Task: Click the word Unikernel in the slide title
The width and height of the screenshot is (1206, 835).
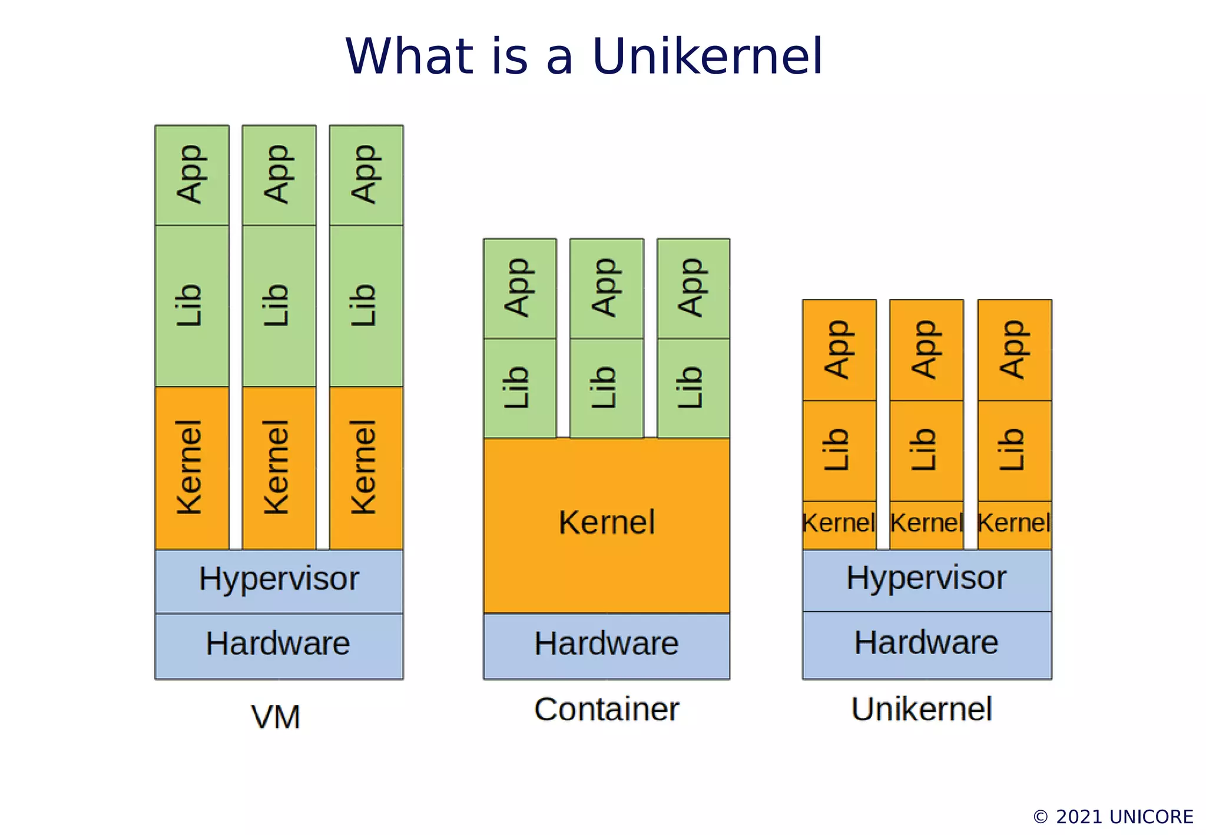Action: [707, 57]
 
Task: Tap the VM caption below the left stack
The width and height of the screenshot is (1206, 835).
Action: [276, 717]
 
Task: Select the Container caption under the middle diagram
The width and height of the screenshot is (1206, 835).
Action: [607, 709]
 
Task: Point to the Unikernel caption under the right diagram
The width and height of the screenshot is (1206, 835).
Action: [922, 709]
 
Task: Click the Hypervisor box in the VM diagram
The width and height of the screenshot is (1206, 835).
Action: [279, 581]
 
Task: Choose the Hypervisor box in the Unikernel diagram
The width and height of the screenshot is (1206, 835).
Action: [927, 579]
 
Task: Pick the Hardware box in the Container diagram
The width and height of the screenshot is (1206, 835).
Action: [607, 645]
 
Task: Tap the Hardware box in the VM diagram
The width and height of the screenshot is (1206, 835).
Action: [279, 645]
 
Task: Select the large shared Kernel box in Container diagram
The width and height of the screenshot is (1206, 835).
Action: [607, 524]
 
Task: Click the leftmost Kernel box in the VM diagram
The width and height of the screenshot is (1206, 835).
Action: [192, 468]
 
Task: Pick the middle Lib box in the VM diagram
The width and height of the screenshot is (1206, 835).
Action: [279, 306]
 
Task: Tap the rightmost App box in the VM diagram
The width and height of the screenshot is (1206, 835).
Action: [366, 175]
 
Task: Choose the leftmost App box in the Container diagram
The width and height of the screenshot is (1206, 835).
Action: [520, 288]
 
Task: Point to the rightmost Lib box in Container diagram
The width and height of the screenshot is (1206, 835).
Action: [693, 387]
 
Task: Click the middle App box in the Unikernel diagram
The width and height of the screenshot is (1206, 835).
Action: [926, 350]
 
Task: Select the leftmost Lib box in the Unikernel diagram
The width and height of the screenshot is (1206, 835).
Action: [839, 450]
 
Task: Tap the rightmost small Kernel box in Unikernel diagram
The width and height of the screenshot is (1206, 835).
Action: [1014, 524]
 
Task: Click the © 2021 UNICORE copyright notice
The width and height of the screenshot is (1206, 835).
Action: [1113, 817]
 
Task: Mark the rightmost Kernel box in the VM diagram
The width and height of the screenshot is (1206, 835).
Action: [366, 468]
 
